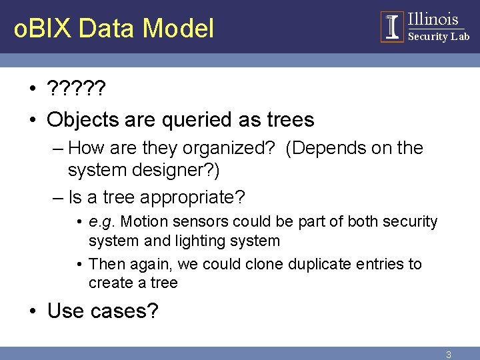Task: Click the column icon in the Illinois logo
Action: click(392, 27)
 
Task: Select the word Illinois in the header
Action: click(433, 19)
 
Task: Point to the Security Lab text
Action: click(438, 37)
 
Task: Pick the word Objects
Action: click(83, 120)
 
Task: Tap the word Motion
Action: click(144, 221)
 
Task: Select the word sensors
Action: click(197, 221)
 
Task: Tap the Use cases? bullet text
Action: click(103, 311)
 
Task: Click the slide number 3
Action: click(449, 355)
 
